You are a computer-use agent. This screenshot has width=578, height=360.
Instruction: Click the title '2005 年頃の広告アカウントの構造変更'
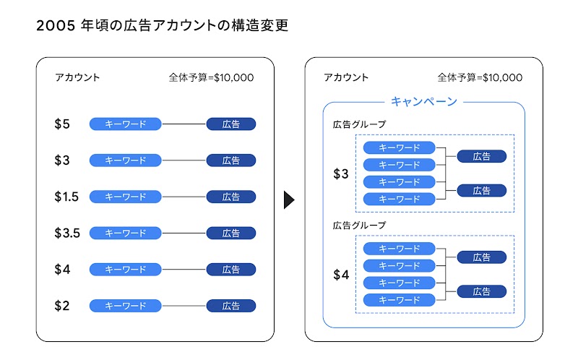[162, 27]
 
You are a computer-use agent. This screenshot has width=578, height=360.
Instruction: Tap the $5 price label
[62, 124]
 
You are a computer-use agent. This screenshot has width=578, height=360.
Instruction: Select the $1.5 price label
[66, 197]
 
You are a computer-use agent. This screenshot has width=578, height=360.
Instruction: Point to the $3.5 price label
[66, 233]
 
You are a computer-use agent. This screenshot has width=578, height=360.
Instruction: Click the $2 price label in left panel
[62, 306]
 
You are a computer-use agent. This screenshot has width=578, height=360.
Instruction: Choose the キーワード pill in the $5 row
[126, 124]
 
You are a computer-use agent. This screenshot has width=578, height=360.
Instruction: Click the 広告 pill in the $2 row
[231, 306]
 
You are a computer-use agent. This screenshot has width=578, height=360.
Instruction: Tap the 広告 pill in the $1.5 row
[231, 197]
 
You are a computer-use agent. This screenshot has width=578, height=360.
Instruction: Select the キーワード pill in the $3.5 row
[126, 233]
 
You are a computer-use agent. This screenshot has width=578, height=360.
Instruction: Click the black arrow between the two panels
[289, 200]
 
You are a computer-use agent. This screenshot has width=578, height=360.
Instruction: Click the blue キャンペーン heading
[424, 102]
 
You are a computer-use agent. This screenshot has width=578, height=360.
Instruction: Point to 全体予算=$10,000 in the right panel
[480, 78]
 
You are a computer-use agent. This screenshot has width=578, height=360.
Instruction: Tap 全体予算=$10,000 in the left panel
[211, 78]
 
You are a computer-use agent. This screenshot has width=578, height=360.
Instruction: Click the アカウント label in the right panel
[346, 78]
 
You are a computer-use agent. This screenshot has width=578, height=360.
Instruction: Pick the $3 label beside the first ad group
[341, 174]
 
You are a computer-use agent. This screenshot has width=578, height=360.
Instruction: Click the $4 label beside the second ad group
[341, 275]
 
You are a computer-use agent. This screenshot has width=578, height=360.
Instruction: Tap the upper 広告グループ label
[359, 124]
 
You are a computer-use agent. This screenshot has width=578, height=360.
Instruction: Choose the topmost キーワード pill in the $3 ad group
[400, 147]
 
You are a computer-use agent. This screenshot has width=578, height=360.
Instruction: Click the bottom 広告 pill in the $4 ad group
[482, 291]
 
